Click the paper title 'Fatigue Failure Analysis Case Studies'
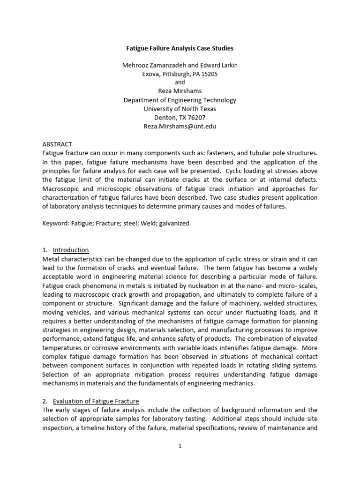coord(180,48)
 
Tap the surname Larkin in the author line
coord(227,65)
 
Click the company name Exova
coord(151,74)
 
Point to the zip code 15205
coord(209,74)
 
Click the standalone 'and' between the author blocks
coord(180,82)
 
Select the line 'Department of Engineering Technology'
coord(180,100)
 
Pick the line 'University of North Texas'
coord(180,109)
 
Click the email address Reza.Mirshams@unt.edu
coord(180,126)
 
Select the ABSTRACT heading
coord(57,144)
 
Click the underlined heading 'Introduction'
coord(71,250)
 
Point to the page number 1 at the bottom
coord(180,446)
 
